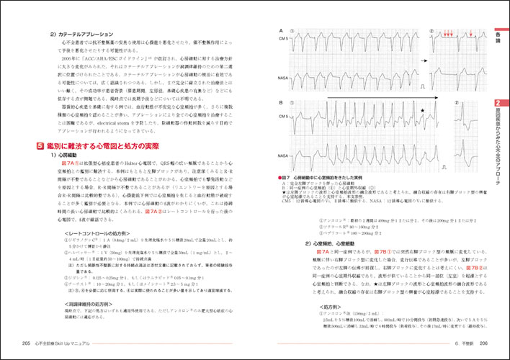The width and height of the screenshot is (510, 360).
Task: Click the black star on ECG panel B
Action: tap(423, 111)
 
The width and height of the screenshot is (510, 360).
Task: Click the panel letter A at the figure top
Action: tap(280, 30)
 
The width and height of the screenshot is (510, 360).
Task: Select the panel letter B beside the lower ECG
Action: tap(280, 103)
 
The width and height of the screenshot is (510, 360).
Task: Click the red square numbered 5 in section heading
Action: tap(42, 146)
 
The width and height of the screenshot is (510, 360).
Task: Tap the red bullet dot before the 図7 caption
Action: tap(279, 177)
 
